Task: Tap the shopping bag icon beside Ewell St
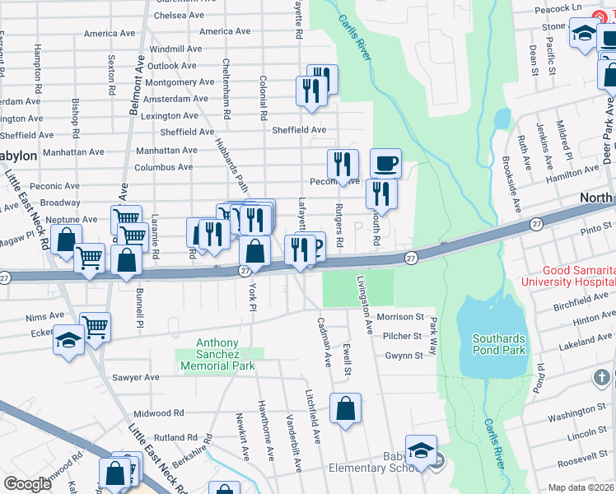coord(346,408)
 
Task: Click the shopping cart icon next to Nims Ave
coord(96,327)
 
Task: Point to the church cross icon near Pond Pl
coord(604,377)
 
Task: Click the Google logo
coord(27,484)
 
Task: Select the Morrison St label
coord(399,316)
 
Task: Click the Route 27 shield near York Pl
coord(245,270)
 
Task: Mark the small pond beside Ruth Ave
coord(502,119)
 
